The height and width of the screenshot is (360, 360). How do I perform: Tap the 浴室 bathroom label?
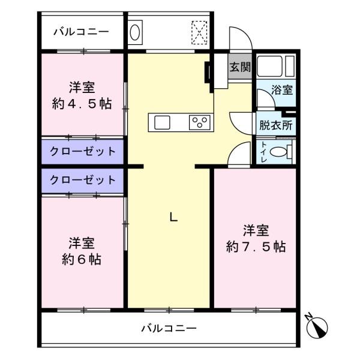(x=282, y=91)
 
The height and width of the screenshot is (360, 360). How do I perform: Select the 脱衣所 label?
(x=276, y=126)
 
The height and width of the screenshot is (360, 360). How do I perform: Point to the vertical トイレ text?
(x=264, y=152)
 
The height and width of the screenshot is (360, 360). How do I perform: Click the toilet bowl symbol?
(x=279, y=153)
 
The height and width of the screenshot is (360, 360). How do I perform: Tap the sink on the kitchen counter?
(x=163, y=122)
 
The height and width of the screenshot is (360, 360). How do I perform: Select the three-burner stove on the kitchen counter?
(x=199, y=122)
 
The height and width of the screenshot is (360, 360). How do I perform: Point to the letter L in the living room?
(x=173, y=218)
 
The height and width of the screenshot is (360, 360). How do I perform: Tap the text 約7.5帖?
(x=256, y=246)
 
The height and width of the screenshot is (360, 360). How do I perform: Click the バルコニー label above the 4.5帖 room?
(x=80, y=31)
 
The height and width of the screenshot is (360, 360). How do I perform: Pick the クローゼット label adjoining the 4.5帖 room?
(x=83, y=151)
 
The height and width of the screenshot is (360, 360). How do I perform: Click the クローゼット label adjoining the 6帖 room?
(x=83, y=179)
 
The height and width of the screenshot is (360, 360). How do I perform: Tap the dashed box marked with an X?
(x=199, y=31)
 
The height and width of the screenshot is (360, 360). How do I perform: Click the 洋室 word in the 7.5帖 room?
(x=256, y=230)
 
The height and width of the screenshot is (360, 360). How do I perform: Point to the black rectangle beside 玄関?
(x=208, y=72)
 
